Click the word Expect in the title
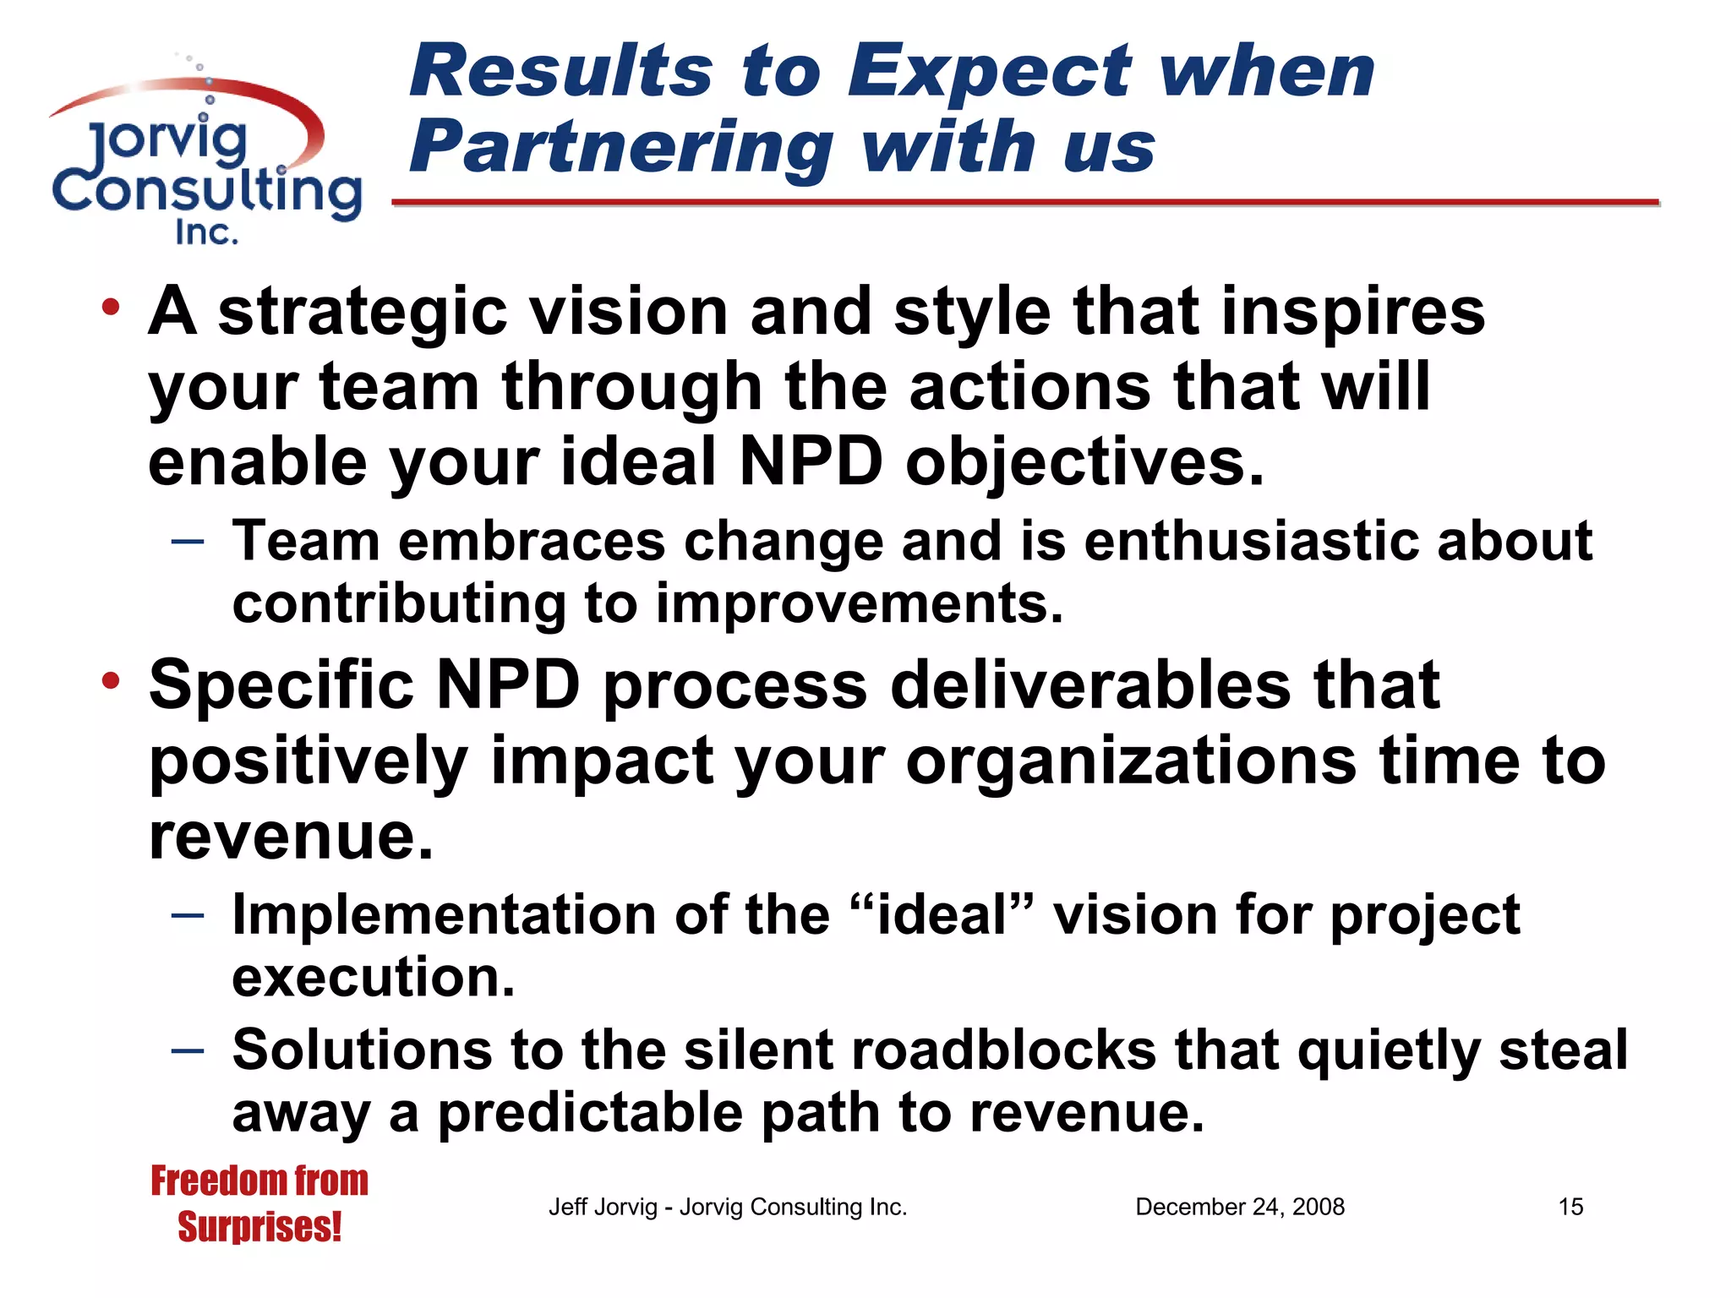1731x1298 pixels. tap(989, 72)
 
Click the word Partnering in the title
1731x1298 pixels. tap(621, 148)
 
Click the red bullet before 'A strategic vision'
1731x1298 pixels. tap(110, 308)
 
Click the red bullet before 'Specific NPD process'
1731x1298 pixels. tap(110, 681)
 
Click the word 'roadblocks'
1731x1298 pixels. tap(1003, 1050)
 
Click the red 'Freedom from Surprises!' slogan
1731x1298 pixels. tap(259, 1203)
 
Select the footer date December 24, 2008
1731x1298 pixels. tap(1239, 1207)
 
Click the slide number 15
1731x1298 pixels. tap(1570, 1207)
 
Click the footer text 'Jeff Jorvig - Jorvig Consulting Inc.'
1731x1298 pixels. tap(728, 1207)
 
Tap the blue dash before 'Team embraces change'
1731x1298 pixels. tap(187, 541)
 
